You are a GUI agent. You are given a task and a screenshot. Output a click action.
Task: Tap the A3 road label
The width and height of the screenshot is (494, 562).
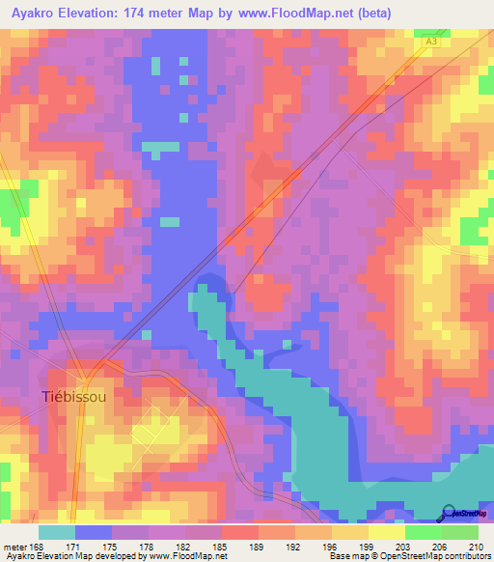(x=431, y=42)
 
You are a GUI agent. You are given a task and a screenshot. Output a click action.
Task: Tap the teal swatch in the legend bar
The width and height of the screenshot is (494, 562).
(x=57, y=531)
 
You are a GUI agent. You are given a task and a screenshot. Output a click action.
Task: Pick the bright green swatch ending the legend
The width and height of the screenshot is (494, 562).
(x=460, y=531)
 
